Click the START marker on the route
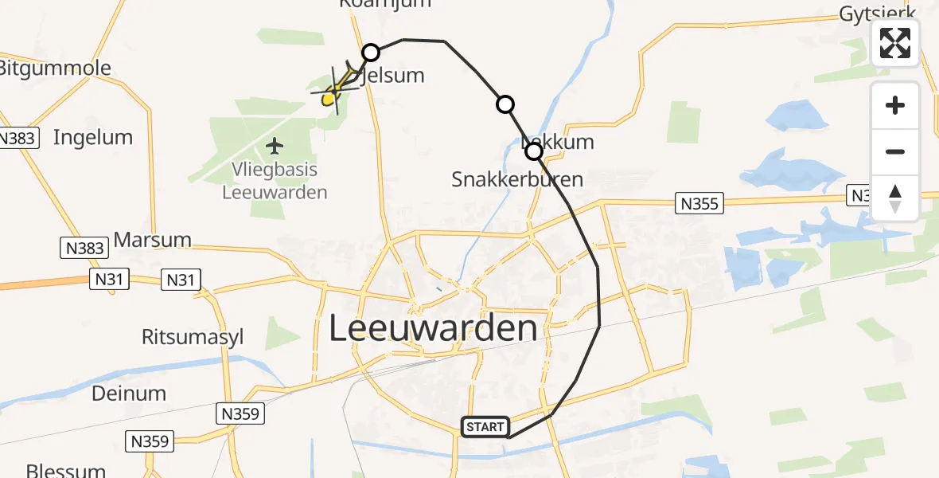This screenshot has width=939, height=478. click(x=485, y=427)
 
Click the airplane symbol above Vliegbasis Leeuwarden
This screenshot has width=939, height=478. click(x=275, y=146)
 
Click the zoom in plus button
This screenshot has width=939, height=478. click(x=895, y=105)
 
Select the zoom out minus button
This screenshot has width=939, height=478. click(x=895, y=151)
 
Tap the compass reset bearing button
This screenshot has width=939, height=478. click(x=895, y=198)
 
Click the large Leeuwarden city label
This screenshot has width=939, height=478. click(x=433, y=328)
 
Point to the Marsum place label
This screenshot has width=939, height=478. click(x=153, y=239)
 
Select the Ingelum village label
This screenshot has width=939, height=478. click(x=93, y=137)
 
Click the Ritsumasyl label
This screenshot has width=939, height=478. click(x=193, y=337)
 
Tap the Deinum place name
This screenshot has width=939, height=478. click(x=129, y=393)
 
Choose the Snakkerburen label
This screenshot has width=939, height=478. click(x=517, y=179)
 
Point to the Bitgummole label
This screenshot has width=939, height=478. click(x=56, y=68)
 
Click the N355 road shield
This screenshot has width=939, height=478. click(x=699, y=203)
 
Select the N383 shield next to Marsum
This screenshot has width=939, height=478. click(x=84, y=248)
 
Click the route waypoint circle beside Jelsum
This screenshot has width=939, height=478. click(x=371, y=53)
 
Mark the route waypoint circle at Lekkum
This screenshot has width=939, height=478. click(x=534, y=151)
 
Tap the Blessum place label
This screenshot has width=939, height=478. click(x=65, y=470)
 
